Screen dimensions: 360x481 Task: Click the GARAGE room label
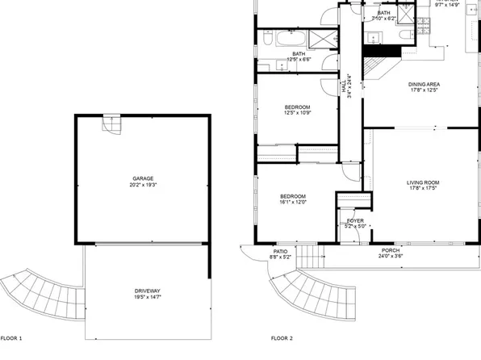[x=143, y=178]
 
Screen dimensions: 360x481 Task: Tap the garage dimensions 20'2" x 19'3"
[x=143, y=186]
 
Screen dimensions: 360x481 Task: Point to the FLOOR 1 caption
[x=11, y=338]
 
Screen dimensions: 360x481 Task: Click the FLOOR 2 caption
[x=282, y=338]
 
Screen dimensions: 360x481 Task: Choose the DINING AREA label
[x=424, y=84]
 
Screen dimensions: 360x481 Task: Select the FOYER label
[x=355, y=220]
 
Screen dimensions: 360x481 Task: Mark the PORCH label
[x=390, y=250]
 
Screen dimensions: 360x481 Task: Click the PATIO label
[x=280, y=251]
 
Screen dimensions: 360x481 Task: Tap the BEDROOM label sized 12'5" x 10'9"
[x=296, y=107]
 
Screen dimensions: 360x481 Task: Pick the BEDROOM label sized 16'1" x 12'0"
[x=292, y=196]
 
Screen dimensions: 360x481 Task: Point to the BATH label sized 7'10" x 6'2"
[x=383, y=13]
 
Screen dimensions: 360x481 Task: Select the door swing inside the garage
[x=111, y=125]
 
